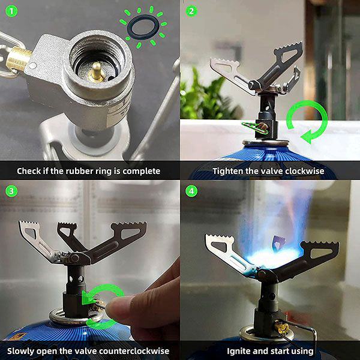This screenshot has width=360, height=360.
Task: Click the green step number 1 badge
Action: coord(11,11)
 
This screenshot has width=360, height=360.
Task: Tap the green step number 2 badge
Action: coord(191,11)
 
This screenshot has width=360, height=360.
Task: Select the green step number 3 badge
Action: coord(11,191)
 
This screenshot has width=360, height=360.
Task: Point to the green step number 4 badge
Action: coord(191,191)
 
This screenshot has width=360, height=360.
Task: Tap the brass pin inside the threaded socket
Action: coord(97,72)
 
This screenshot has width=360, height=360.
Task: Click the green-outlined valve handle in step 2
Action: coord(255,128)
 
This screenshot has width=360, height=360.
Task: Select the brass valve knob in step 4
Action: coord(282,327)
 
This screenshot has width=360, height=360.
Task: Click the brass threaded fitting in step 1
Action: coord(18,59)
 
